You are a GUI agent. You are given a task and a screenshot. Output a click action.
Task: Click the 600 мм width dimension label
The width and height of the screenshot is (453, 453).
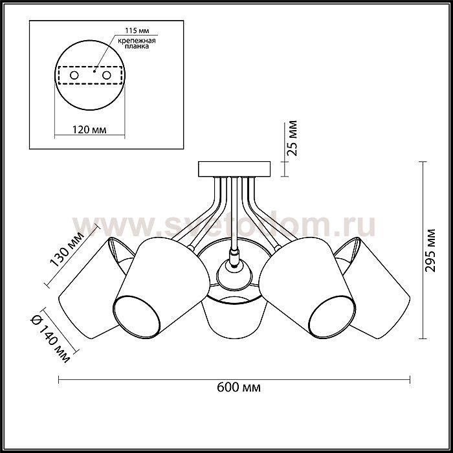point(239,387)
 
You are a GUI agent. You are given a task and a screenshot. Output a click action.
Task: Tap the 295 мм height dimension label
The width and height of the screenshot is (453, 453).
point(430,250)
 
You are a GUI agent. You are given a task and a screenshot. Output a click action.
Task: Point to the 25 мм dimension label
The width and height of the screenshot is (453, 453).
point(293,138)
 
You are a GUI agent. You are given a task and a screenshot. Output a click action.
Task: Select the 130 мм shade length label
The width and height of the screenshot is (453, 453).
point(67,249)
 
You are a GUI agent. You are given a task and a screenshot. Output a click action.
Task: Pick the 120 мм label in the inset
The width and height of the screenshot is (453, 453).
point(89,129)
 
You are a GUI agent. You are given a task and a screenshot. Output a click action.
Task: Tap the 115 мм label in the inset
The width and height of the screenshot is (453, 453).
point(137,30)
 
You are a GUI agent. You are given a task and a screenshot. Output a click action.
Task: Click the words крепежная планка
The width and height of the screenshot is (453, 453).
point(137,43)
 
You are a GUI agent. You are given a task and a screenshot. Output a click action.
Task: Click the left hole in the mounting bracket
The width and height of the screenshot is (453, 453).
point(74,76)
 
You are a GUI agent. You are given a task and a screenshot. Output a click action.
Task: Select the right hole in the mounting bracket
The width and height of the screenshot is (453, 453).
point(107,76)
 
